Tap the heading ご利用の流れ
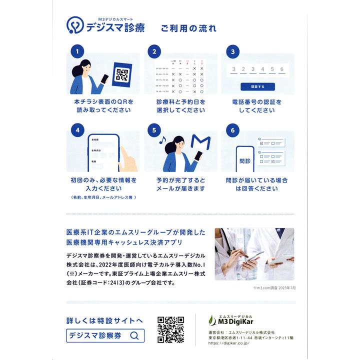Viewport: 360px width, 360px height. pyautogui.click(x=188, y=28)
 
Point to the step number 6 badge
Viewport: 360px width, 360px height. pyautogui.click(x=230, y=129)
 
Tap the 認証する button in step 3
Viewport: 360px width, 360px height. pyautogui.click(x=257, y=86)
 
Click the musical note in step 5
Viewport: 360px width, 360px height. pyautogui.click(x=161, y=141)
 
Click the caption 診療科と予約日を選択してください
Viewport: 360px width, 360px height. pyautogui.click(x=180, y=106)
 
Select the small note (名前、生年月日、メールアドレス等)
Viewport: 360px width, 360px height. pyautogui.click(x=103, y=197)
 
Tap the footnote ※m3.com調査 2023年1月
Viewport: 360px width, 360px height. pyautogui.click(x=274, y=288)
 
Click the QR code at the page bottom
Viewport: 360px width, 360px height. pyautogui.click(x=171, y=330)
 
